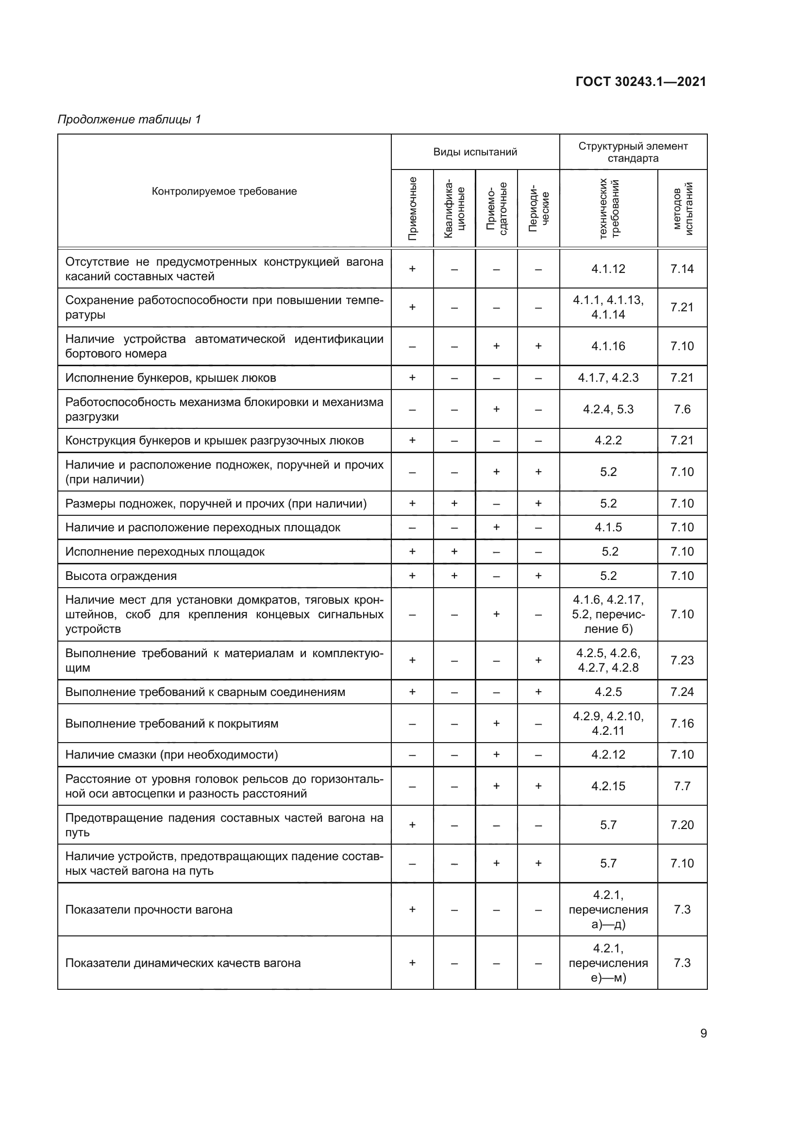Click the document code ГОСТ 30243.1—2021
[641, 82]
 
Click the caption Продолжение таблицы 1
[129, 119]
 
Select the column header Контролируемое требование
[224, 191]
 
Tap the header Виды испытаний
[475, 152]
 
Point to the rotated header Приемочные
[412, 208]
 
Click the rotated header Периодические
[538, 208]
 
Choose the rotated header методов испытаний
[682, 208]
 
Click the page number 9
[703, 1033]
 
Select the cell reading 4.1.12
[608, 269]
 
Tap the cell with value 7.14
[682, 269]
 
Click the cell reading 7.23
[682, 660]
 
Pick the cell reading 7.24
[682, 692]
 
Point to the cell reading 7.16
[682, 723]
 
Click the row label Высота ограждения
[121, 576]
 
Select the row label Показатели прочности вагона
[149, 909]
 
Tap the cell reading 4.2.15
[608, 786]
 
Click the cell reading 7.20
[682, 825]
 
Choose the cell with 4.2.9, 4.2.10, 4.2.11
[608, 723]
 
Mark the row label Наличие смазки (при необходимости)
[171, 755]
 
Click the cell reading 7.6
[682, 409]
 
